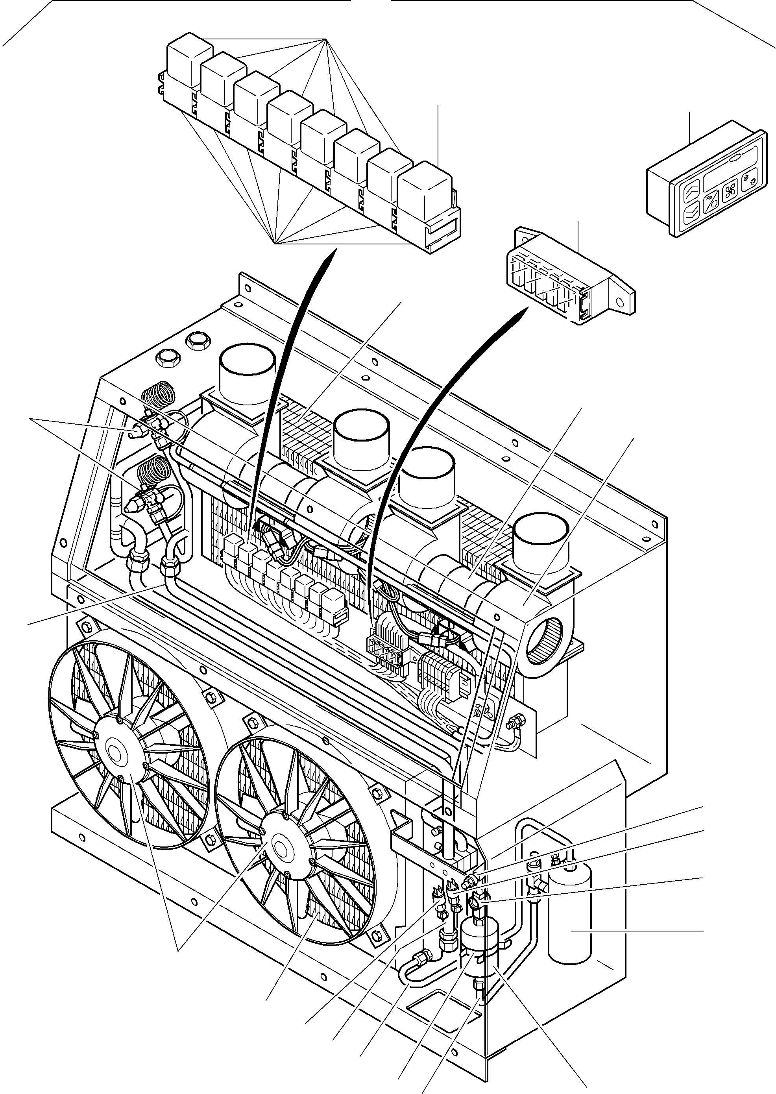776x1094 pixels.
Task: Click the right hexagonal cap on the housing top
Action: click(196, 341)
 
